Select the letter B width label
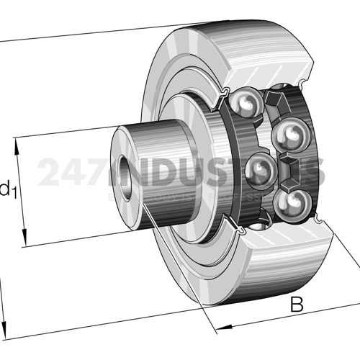click(x=296, y=305)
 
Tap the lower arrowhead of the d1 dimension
click(x=26, y=240)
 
